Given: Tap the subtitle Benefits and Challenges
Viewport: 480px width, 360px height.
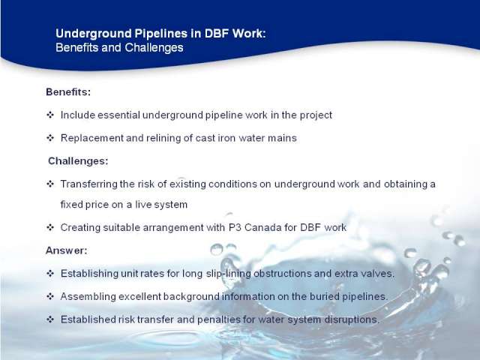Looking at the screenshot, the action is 119,47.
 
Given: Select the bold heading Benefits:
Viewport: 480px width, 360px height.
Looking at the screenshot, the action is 68,91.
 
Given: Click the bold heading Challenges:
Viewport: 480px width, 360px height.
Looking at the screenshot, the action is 78,161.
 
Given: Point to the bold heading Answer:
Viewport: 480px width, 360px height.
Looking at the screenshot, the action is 67,250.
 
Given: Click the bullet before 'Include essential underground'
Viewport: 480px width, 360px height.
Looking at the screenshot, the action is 50,115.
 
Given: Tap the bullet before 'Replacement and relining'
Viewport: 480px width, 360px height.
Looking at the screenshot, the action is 50,138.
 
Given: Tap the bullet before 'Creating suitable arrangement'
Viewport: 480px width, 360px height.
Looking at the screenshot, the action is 50,227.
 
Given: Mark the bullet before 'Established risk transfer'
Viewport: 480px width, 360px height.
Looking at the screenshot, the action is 50,319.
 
